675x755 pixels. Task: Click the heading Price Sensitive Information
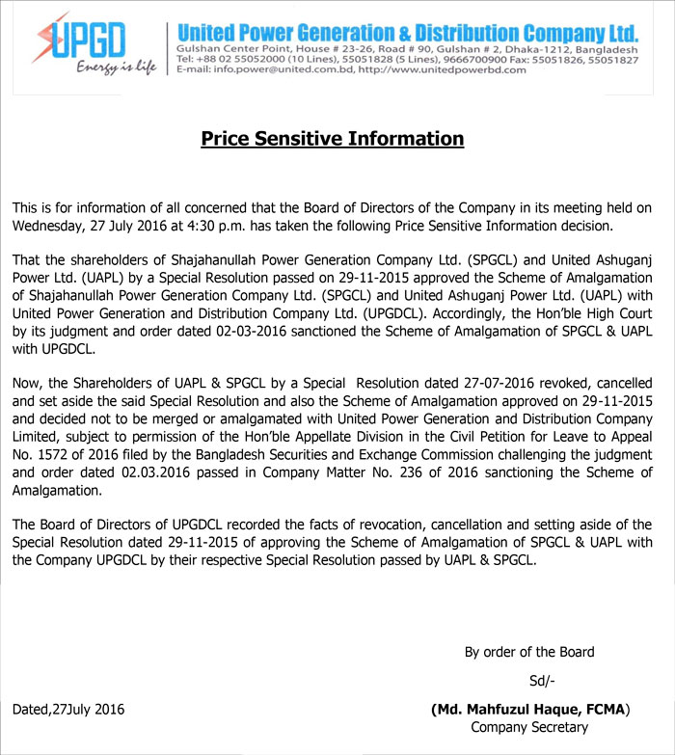pos(332,139)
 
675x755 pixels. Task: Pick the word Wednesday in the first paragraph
pos(50,227)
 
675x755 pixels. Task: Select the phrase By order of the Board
pos(529,652)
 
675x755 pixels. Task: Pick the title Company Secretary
pos(529,727)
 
